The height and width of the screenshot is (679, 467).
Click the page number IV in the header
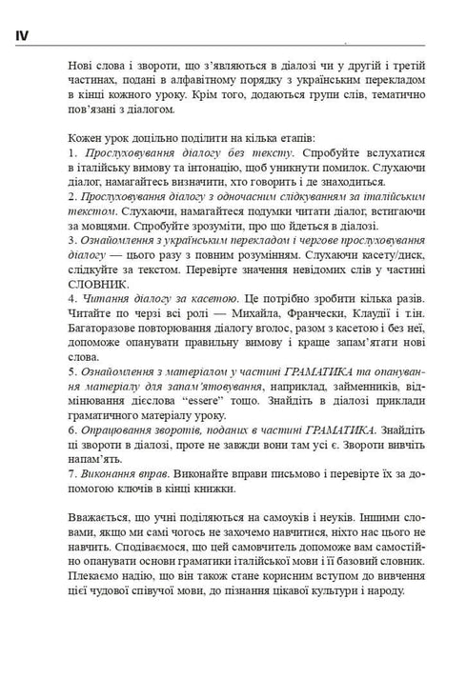coord(22,35)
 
